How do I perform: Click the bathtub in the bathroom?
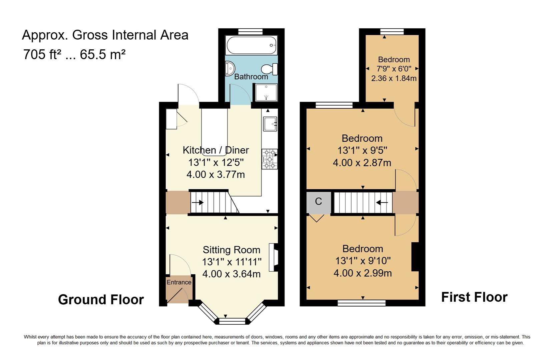click(x=251, y=45)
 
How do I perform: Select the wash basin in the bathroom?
click(x=230, y=68)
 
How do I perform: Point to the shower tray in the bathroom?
click(x=266, y=92)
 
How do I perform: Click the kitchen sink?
click(x=270, y=124)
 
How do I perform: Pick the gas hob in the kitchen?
click(x=269, y=159)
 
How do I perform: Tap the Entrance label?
click(x=179, y=282)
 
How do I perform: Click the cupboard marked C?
click(x=319, y=202)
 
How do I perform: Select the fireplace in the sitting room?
click(x=273, y=257)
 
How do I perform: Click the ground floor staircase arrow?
click(x=197, y=203)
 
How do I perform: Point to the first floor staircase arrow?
click(x=382, y=203)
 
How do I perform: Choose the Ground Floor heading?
click(x=101, y=300)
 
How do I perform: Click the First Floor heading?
click(x=474, y=297)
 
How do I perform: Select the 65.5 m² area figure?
click(x=103, y=54)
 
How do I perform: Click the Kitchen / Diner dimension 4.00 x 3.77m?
click(x=215, y=175)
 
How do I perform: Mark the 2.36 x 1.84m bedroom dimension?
click(x=394, y=78)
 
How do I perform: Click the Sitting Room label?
click(x=231, y=250)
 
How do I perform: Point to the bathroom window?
click(x=250, y=32)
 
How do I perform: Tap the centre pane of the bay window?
click(x=232, y=321)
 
